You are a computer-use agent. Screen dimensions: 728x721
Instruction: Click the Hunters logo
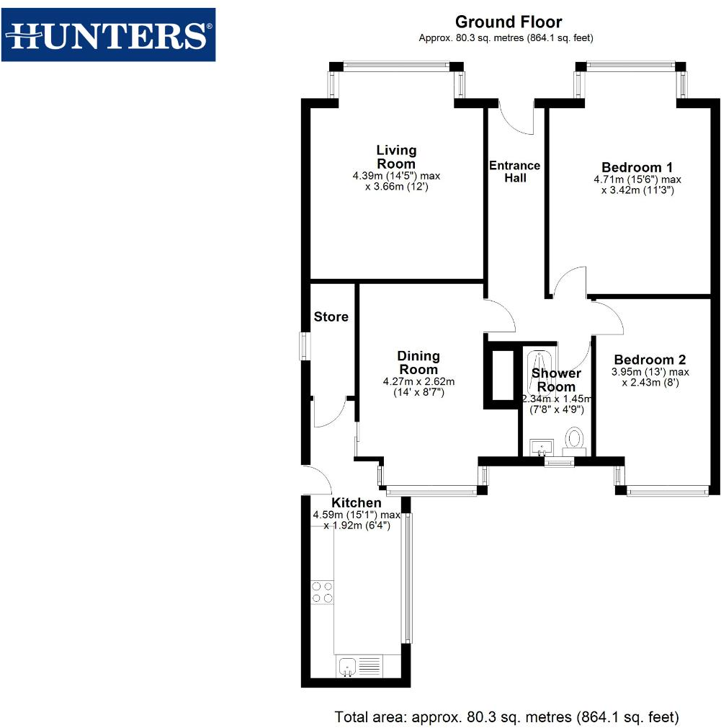click(108, 35)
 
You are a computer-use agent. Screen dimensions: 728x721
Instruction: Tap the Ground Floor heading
click(509, 22)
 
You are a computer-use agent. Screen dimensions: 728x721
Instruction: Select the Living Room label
click(396, 156)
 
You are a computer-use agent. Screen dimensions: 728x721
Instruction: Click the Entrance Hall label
click(514, 172)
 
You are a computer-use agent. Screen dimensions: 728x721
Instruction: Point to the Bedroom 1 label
click(637, 167)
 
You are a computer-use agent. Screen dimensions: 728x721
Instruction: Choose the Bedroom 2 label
click(650, 360)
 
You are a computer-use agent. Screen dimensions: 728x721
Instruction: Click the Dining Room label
click(418, 363)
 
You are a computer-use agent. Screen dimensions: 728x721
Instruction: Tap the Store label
click(331, 316)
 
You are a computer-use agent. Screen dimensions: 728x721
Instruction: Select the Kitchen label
click(356, 502)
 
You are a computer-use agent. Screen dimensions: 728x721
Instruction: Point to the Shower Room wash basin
click(541, 447)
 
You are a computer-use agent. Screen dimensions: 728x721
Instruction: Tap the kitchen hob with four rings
click(322, 592)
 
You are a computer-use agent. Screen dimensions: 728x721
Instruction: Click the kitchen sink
click(347, 665)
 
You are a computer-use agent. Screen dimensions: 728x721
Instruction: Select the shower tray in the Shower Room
click(538, 368)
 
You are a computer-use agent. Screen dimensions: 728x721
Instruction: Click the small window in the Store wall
click(305, 346)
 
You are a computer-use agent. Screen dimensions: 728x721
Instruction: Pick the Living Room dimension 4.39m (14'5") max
click(395, 176)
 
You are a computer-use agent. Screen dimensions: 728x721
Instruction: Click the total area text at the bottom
click(506, 717)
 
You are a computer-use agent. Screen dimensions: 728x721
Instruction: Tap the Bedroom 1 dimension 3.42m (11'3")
click(637, 191)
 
